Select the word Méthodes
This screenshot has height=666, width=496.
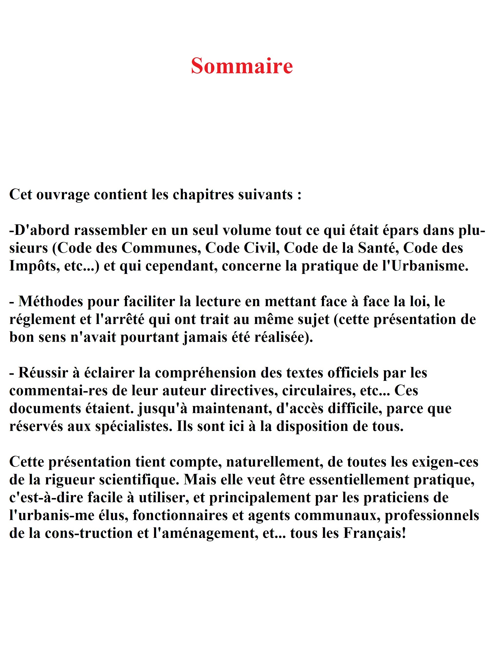(51, 302)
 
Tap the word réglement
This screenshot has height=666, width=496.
(42, 320)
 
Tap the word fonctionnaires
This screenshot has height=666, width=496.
(180, 516)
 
